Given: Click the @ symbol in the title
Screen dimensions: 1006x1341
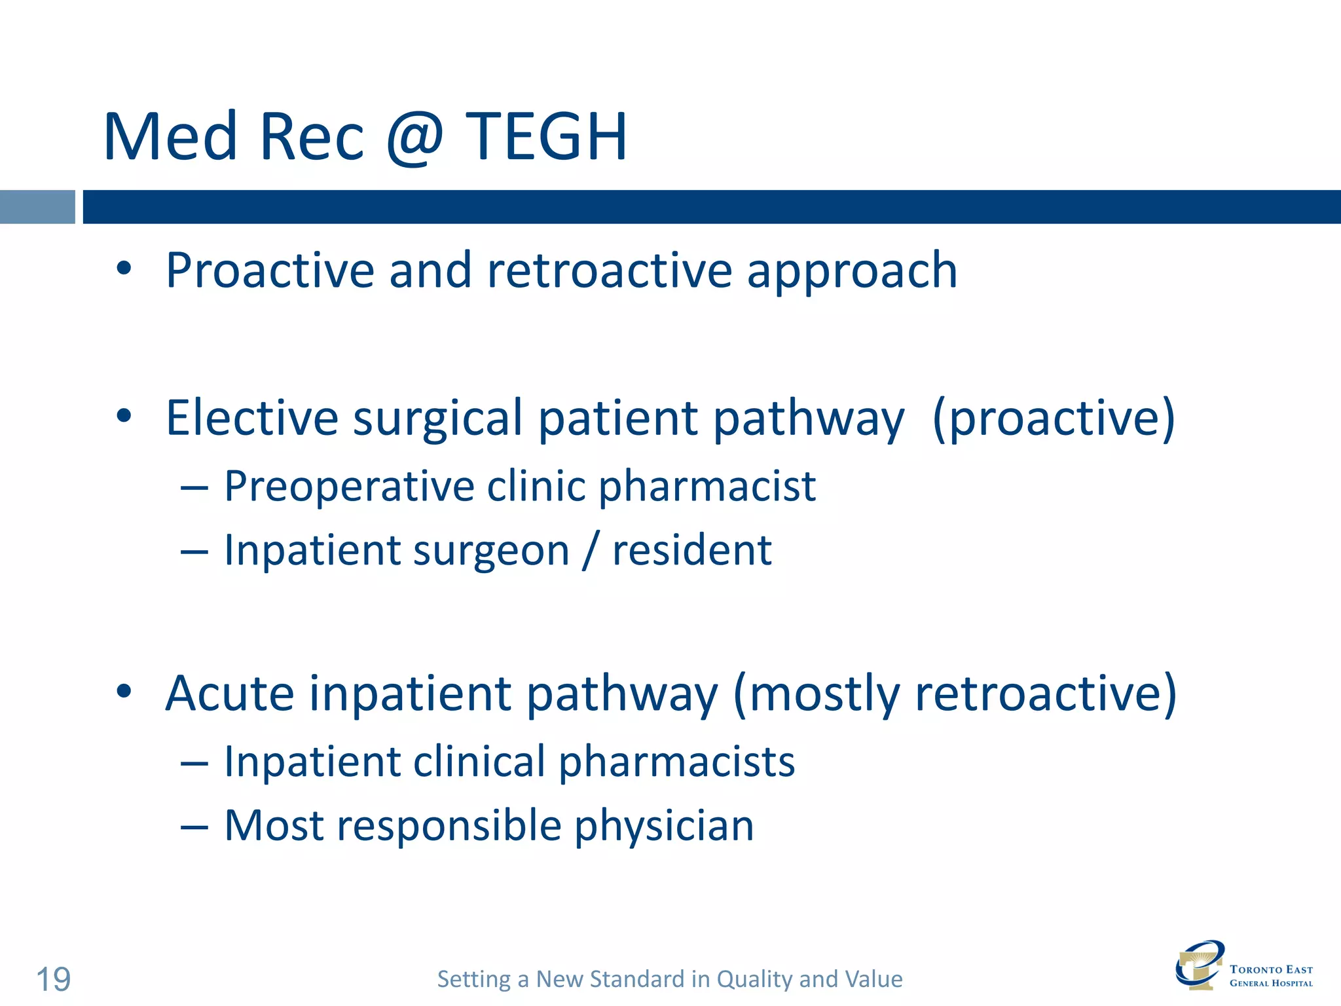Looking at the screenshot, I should pyautogui.click(x=415, y=138).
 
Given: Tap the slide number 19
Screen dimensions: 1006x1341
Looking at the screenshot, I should pyautogui.click(x=53, y=980).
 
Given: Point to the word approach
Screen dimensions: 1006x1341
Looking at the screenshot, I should pyautogui.click(x=852, y=272).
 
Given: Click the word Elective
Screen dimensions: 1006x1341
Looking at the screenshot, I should pyautogui.click(x=252, y=417).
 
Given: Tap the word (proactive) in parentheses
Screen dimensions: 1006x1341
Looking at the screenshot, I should pyautogui.click(x=1053, y=419).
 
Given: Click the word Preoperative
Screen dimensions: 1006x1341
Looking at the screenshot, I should pyautogui.click(x=349, y=487).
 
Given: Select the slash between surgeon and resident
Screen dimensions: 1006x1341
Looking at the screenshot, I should pyautogui.click(x=590, y=550).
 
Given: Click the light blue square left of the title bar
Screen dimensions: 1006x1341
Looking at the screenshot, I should pyautogui.click(x=37, y=207).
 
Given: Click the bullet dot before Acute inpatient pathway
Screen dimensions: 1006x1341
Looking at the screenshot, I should pyautogui.click(x=124, y=692).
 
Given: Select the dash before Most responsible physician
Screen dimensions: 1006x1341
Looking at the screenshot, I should pyautogui.click(x=194, y=827).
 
